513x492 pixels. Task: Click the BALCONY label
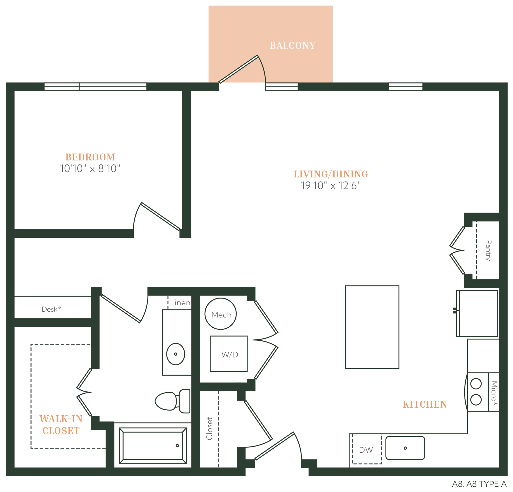292,46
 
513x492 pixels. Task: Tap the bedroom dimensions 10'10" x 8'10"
90,169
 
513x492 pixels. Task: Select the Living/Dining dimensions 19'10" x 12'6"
331,186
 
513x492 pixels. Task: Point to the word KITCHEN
425,405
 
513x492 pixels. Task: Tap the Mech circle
220,314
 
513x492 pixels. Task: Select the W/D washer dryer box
228,354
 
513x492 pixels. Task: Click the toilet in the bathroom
173,401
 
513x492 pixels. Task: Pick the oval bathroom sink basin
176,354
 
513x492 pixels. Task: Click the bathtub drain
177,446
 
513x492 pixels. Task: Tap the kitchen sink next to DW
405,448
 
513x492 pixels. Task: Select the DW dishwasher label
366,450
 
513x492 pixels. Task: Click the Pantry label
488,251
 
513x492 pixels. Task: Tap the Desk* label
51,309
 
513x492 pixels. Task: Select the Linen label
180,303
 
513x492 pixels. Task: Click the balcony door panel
238,69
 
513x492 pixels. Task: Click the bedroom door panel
161,217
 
